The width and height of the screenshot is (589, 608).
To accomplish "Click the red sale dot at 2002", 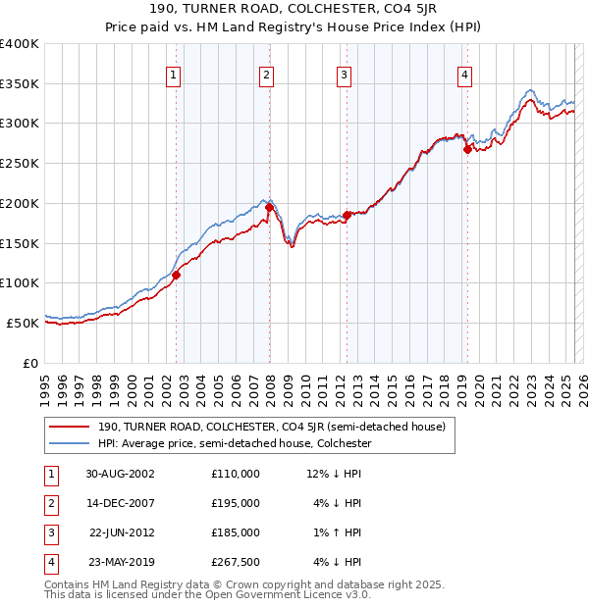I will (x=177, y=276).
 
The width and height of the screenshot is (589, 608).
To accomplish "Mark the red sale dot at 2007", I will (x=269, y=207).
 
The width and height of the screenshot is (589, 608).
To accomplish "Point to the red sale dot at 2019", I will (x=467, y=149).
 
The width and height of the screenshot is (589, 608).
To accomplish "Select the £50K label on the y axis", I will (x=24, y=323).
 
